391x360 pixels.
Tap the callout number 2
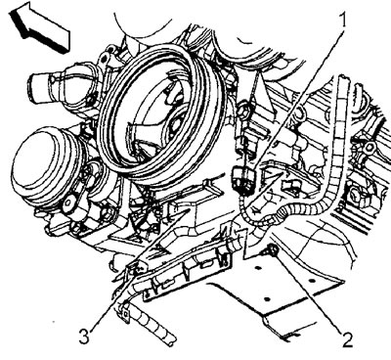pyautogui.click(x=347, y=340)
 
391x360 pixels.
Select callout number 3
pyautogui.click(x=84, y=336)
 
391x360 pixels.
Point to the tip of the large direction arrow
pyautogui.click(x=11, y=13)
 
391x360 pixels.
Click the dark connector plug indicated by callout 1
pyautogui.click(x=242, y=180)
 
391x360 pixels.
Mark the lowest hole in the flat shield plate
pyautogui.click(x=267, y=299)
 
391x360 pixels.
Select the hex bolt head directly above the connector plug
pyautogui.click(x=244, y=113)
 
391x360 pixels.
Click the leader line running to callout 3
pyautogui.click(x=140, y=270)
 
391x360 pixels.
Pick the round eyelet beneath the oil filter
pyautogui.click(x=68, y=203)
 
